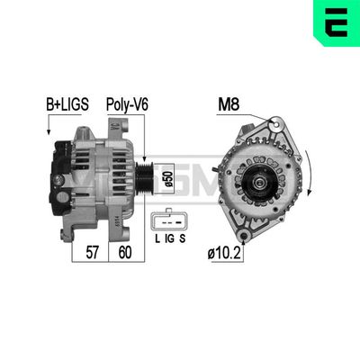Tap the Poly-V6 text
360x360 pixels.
pos(128,104)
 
